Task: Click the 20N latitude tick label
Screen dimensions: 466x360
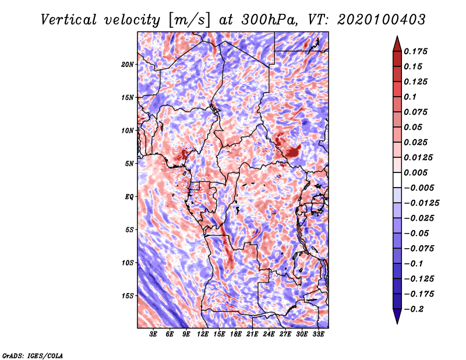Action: pos(128,65)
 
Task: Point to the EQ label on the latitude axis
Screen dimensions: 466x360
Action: pos(129,197)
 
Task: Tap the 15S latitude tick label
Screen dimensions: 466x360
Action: pos(128,296)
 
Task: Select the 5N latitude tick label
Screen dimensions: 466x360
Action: pos(129,164)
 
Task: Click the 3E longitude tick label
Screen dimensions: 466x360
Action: pos(153,334)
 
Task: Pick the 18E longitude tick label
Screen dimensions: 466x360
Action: pos(236,334)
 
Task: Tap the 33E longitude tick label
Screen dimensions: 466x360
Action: pos(318,334)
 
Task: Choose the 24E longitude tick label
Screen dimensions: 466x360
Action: pos(269,334)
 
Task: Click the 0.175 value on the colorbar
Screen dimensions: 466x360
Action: pos(415,51)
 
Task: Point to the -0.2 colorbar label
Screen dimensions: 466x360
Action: pos(414,309)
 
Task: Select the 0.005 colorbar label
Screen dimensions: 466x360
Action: pos(415,172)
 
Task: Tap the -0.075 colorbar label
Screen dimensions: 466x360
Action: pos(419,249)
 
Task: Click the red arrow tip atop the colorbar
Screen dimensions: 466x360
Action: pos(397,37)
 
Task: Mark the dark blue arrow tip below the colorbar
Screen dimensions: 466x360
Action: pos(397,323)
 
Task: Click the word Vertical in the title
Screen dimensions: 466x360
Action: pos(69,20)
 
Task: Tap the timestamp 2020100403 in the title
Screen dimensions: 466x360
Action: pos(382,20)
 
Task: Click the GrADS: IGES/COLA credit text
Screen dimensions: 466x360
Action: pos(33,356)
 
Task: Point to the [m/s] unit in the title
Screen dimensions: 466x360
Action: pos(189,20)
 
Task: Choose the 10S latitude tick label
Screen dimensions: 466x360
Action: pos(128,263)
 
